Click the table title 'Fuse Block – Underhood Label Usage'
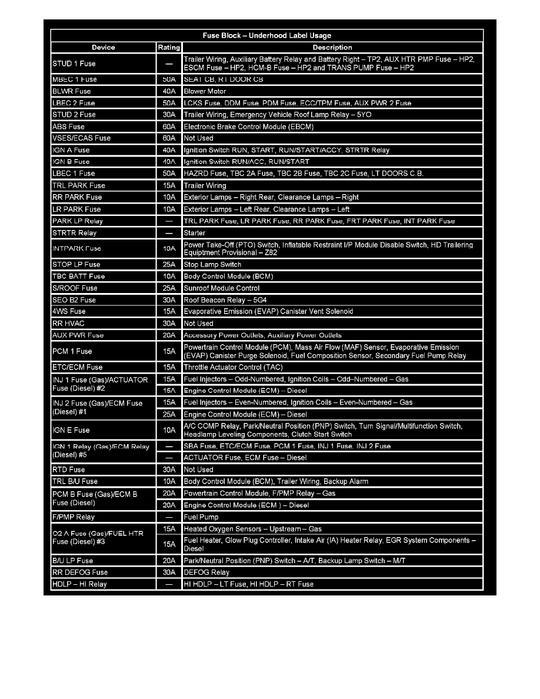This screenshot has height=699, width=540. tap(267, 35)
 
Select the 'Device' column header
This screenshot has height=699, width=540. tap(104, 48)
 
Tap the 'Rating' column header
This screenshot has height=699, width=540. tap(169, 48)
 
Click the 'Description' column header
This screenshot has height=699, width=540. tap(332, 48)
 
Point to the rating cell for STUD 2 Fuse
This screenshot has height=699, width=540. tap(169, 115)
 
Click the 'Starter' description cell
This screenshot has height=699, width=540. tap(195, 233)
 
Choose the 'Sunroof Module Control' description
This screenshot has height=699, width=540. tap(222, 288)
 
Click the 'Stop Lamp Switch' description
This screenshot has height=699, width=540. tap(212, 265)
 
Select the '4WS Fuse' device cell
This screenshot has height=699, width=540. tap(69, 311)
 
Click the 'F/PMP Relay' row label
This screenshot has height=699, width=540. tap(74, 517)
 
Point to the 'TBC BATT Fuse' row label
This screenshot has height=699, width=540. tap(78, 277)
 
